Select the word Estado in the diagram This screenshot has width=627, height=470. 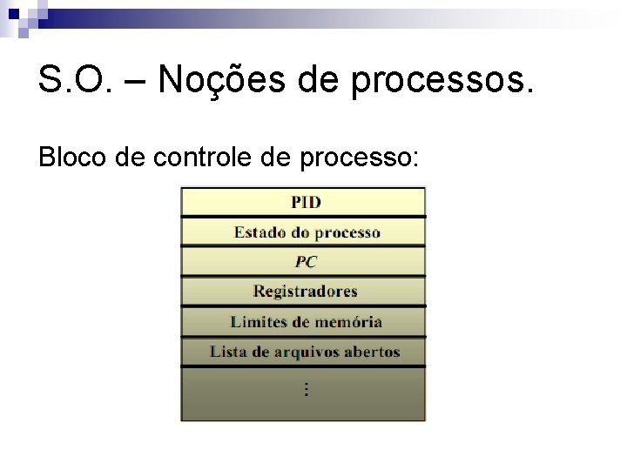(x=260, y=232)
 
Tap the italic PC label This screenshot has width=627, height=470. (x=306, y=262)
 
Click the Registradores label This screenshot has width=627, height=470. (x=305, y=292)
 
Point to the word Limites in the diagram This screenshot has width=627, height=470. (x=258, y=322)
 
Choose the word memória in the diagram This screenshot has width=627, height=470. (x=348, y=322)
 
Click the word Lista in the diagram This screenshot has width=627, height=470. (x=227, y=352)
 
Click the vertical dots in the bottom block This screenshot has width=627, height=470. (x=306, y=389)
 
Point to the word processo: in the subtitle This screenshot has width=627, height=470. (x=360, y=159)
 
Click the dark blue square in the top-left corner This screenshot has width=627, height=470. (x=14, y=13)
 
